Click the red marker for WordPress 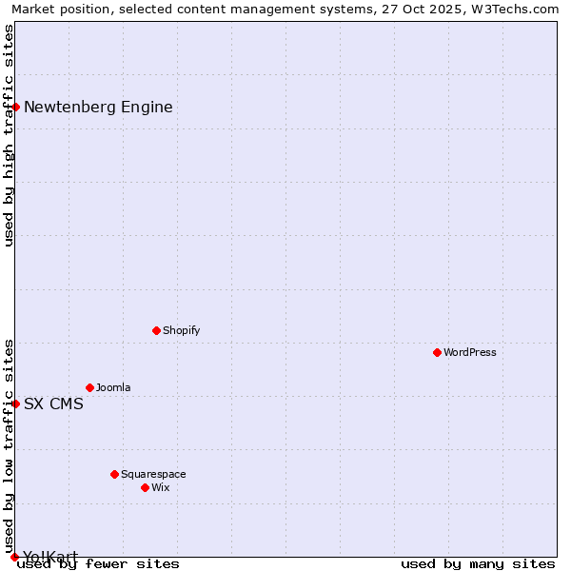pyautogui.click(x=437, y=352)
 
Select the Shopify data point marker pyautogui.click(x=156, y=330)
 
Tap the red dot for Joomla pyautogui.click(x=89, y=387)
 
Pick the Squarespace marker pyautogui.click(x=114, y=474)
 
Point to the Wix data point pyautogui.click(x=145, y=487)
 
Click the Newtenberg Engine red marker pyautogui.click(x=15, y=107)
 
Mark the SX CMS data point pyautogui.click(x=15, y=404)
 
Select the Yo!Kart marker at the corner pyautogui.click(x=14, y=557)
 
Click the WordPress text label pyautogui.click(x=470, y=352)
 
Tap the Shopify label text pyautogui.click(x=181, y=330)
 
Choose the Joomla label pyautogui.click(x=113, y=387)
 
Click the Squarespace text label pyautogui.click(x=153, y=474)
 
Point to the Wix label pyautogui.click(x=161, y=487)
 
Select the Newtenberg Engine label pyautogui.click(x=98, y=107)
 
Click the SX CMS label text pyautogui.click(x=53, y=404)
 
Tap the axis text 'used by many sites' pyautogui.click(x=478, y=564)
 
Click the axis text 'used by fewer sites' pyautogui.click(x=98, y=564)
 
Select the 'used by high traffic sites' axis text pyautogui.click(x=10, y=135)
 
